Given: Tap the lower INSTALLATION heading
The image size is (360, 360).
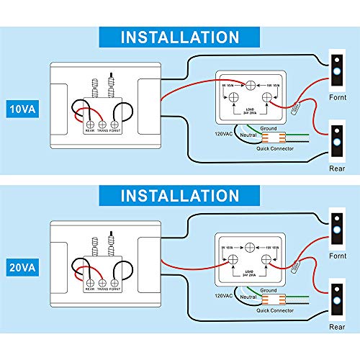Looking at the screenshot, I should (179, 196).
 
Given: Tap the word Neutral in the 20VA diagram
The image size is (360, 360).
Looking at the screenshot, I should (248, 295).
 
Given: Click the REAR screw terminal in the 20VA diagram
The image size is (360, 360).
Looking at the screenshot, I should (90, 283).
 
